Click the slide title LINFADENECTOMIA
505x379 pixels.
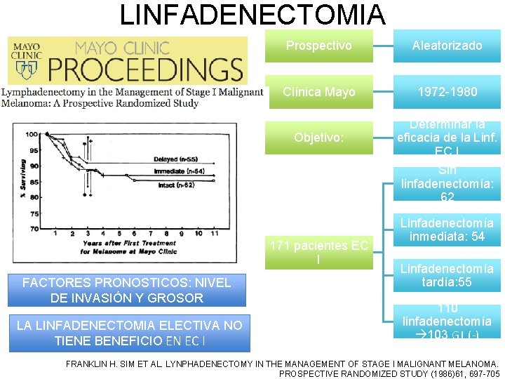click(x=252, y=15)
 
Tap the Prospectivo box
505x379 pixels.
click(x=320, y=46)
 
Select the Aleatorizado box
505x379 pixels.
click(x=447, y=46)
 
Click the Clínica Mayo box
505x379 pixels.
click(x=320, y=92)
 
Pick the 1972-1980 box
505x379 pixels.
click(x=447, y=92)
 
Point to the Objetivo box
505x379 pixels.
click(x=320, y=138)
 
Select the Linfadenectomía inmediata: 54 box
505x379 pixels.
click(x=447, y=230)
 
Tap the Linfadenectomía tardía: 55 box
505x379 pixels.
click(x=447, y=275)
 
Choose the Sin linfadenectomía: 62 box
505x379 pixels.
click(x=447, y=184)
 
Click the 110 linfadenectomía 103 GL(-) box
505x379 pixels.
click(x=447, y=321)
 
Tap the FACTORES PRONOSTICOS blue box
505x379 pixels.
click(x=126, y=290)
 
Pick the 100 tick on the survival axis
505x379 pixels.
click(x=32, y=134)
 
